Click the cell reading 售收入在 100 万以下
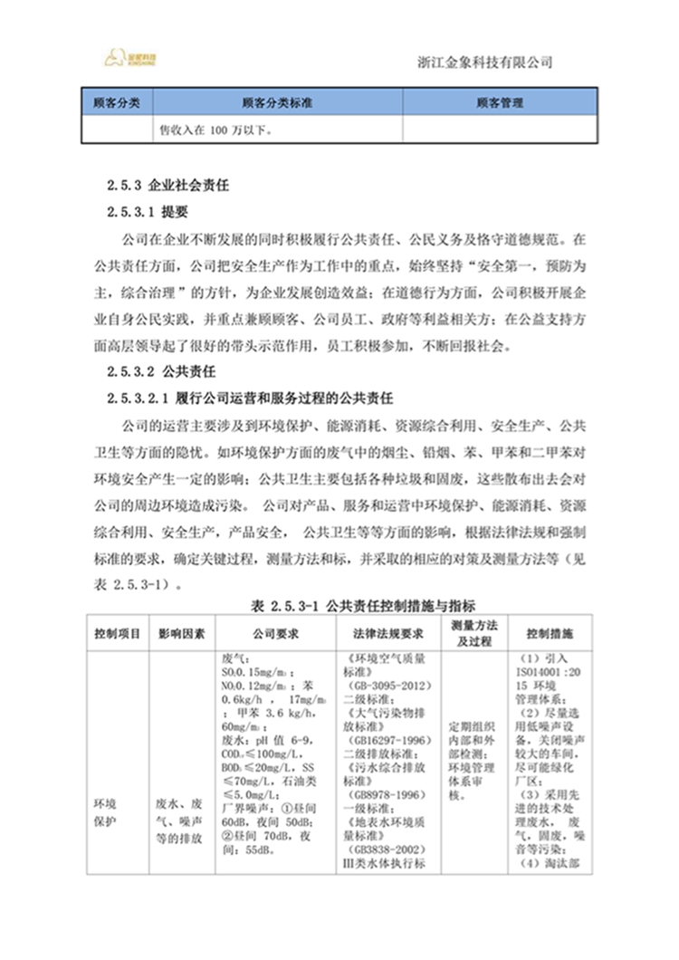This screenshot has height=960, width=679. tap(217, 129)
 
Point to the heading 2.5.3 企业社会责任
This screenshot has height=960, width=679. tap(166, 185)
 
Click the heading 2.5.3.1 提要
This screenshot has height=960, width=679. tap(147, 213)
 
